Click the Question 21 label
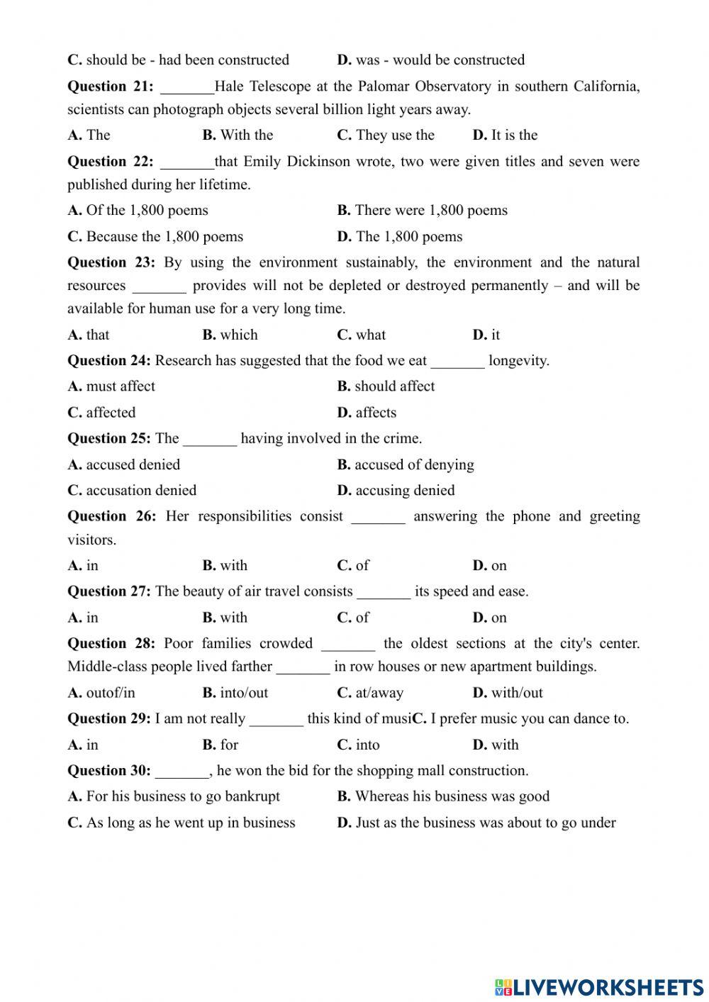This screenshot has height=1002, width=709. [x=110, y=87]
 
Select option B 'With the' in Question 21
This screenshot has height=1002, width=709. [x=238, y=135]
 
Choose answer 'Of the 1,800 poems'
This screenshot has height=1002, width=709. [x=138, y=211]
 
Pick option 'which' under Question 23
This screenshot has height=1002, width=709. [x=230, y=335]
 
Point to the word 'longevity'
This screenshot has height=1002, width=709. [x=518, y=361]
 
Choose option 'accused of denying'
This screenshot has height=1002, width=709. [x=406, y=465]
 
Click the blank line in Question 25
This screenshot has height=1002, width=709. [x=210, y=440]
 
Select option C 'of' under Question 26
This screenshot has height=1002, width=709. [x=353, y=566]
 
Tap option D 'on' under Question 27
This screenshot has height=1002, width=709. [x=490, y=618]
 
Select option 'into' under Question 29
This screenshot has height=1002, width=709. [x=359, y=745]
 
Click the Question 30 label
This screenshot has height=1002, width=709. [x=109, y=771]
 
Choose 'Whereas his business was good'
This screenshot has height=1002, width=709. [x=443, y=796]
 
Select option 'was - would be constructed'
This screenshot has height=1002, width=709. [x=431, y=60]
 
